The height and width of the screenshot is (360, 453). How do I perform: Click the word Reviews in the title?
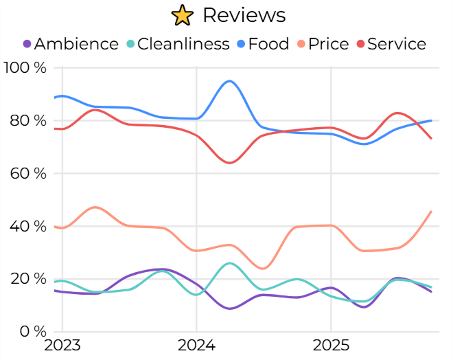244,14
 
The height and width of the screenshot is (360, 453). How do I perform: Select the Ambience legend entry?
70,44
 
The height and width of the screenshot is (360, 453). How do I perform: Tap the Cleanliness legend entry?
177,44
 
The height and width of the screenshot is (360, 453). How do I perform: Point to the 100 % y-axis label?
25,67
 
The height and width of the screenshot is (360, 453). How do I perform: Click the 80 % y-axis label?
29,120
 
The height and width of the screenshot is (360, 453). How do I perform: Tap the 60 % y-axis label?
29,173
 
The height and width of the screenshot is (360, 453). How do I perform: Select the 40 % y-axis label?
29,226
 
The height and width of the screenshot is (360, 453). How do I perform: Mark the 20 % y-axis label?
29,278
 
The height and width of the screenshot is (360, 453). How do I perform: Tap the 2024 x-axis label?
196,345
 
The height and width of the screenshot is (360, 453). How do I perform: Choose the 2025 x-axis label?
332,345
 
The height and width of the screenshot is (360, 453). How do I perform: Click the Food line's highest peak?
229,81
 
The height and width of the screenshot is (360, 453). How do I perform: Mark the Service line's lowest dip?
229,163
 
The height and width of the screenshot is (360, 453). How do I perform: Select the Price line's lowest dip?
263,269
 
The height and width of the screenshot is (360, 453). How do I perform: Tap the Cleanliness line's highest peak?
229,263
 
